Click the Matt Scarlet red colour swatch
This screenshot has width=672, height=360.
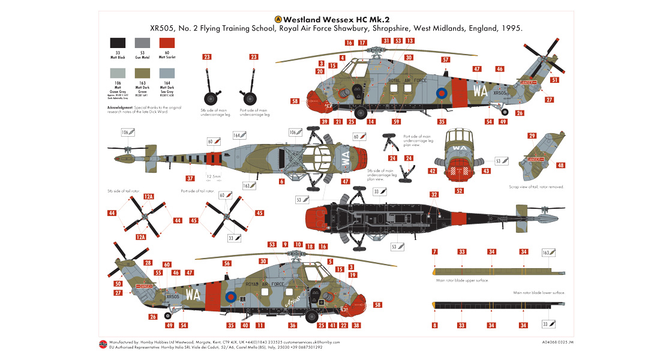click(x=167, y=43)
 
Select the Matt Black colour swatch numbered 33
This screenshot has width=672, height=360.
click(x=117, y=43)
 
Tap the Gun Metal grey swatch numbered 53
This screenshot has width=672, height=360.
click(x=142, y=43)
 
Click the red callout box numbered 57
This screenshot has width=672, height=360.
click(x=445, y=59)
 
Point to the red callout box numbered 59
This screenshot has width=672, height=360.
click(x=396, y=122)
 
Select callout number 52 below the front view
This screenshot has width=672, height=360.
click(x=460, y=191)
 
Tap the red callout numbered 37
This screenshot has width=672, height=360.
click(x=190, y=178)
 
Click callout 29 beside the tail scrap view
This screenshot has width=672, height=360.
click(x=532, y=136)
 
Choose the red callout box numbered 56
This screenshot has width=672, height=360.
click(x=227, y=263)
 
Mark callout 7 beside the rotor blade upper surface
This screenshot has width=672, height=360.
click(x=434, y=251)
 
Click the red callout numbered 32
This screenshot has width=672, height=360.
click(x=434, y=194)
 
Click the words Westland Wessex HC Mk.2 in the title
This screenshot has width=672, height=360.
click(x=340, y=19)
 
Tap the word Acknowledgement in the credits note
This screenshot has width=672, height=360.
click(x=119, y=107)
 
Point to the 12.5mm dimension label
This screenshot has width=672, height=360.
click(x=213, y=176)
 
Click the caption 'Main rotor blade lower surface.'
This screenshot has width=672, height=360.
click(x=539, y=293)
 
